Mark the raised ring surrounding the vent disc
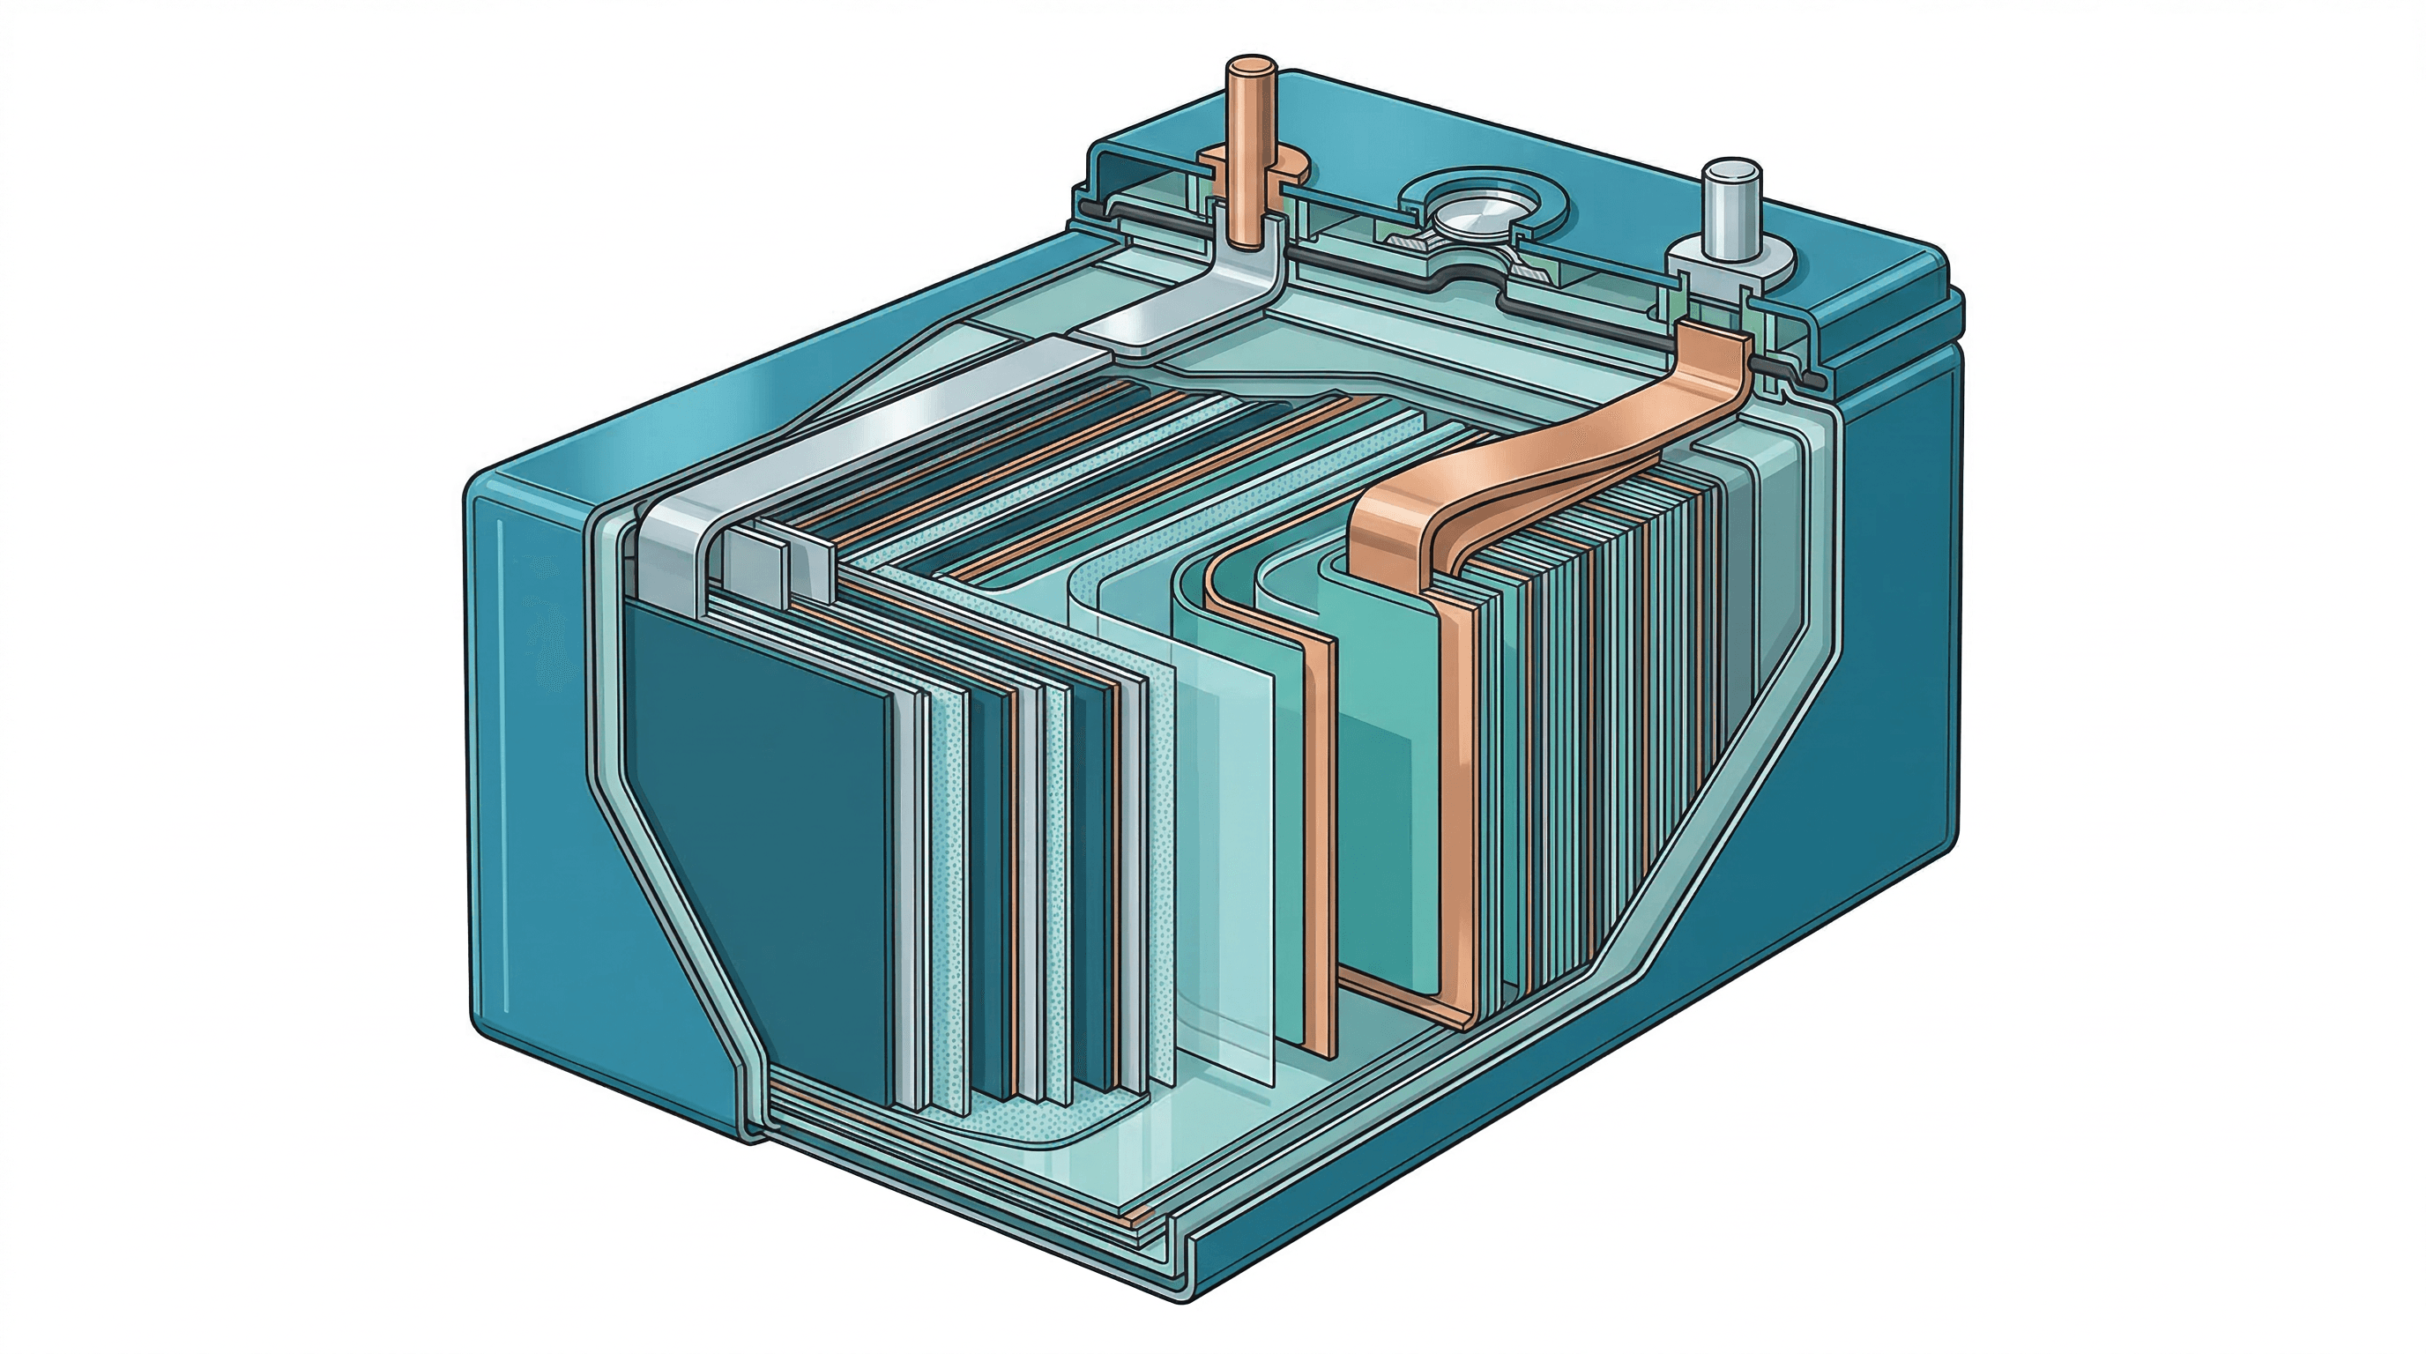click(x=1412, y=203)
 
